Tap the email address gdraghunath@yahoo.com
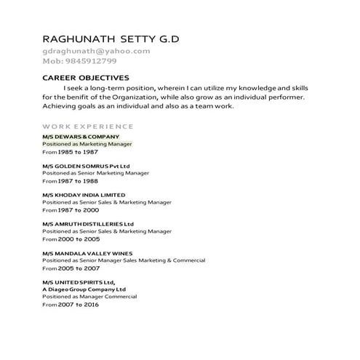pyautogui.click(x=96, y=51)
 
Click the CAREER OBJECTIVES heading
pyautogui.click(x=86, y=77)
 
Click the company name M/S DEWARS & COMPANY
pyautogui.click(x=80, y=137)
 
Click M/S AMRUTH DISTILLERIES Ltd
pyautogui.click(x=88, y=224)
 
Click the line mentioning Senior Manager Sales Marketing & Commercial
pyautogui.click(x=124, y=260)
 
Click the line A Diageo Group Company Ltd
pyautogui.click(x=84, y=289)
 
